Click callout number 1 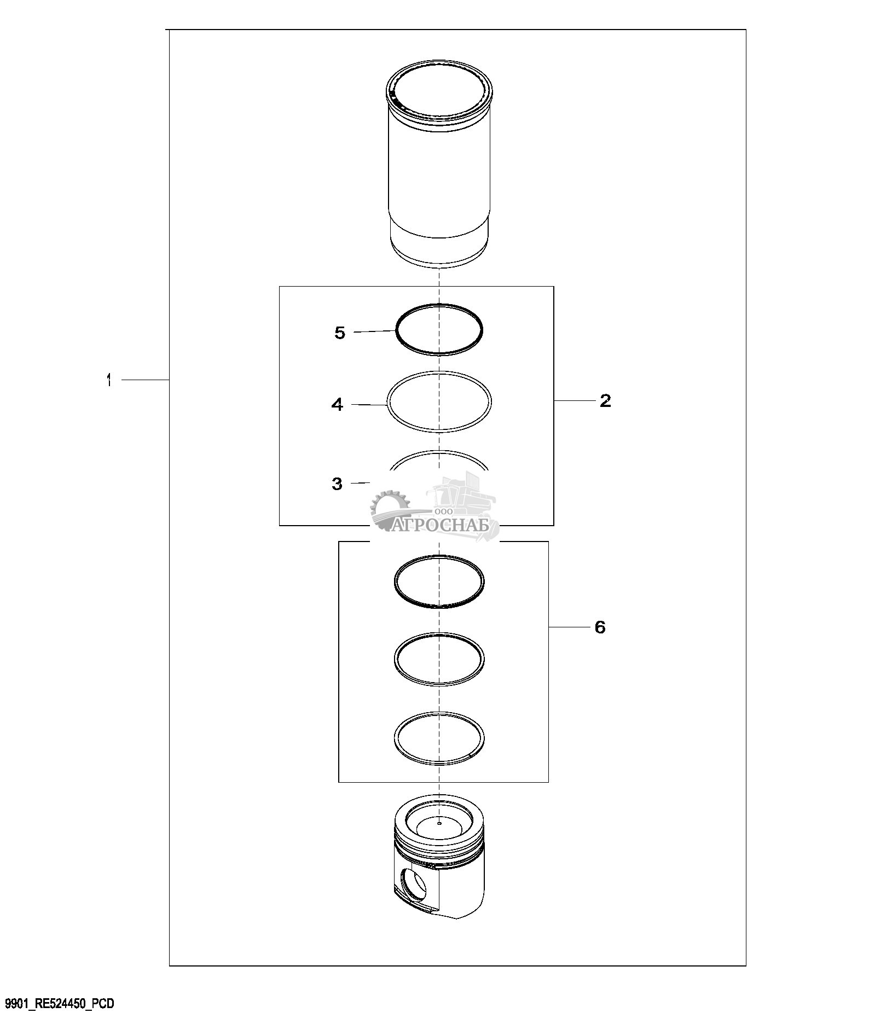(109, 380)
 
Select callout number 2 (605, 401)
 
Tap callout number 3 (337, 484)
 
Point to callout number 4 (337, 405)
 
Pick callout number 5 (340, 333)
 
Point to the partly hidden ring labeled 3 (439, 452)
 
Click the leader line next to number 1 (144, 380)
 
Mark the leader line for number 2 (575, 401)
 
